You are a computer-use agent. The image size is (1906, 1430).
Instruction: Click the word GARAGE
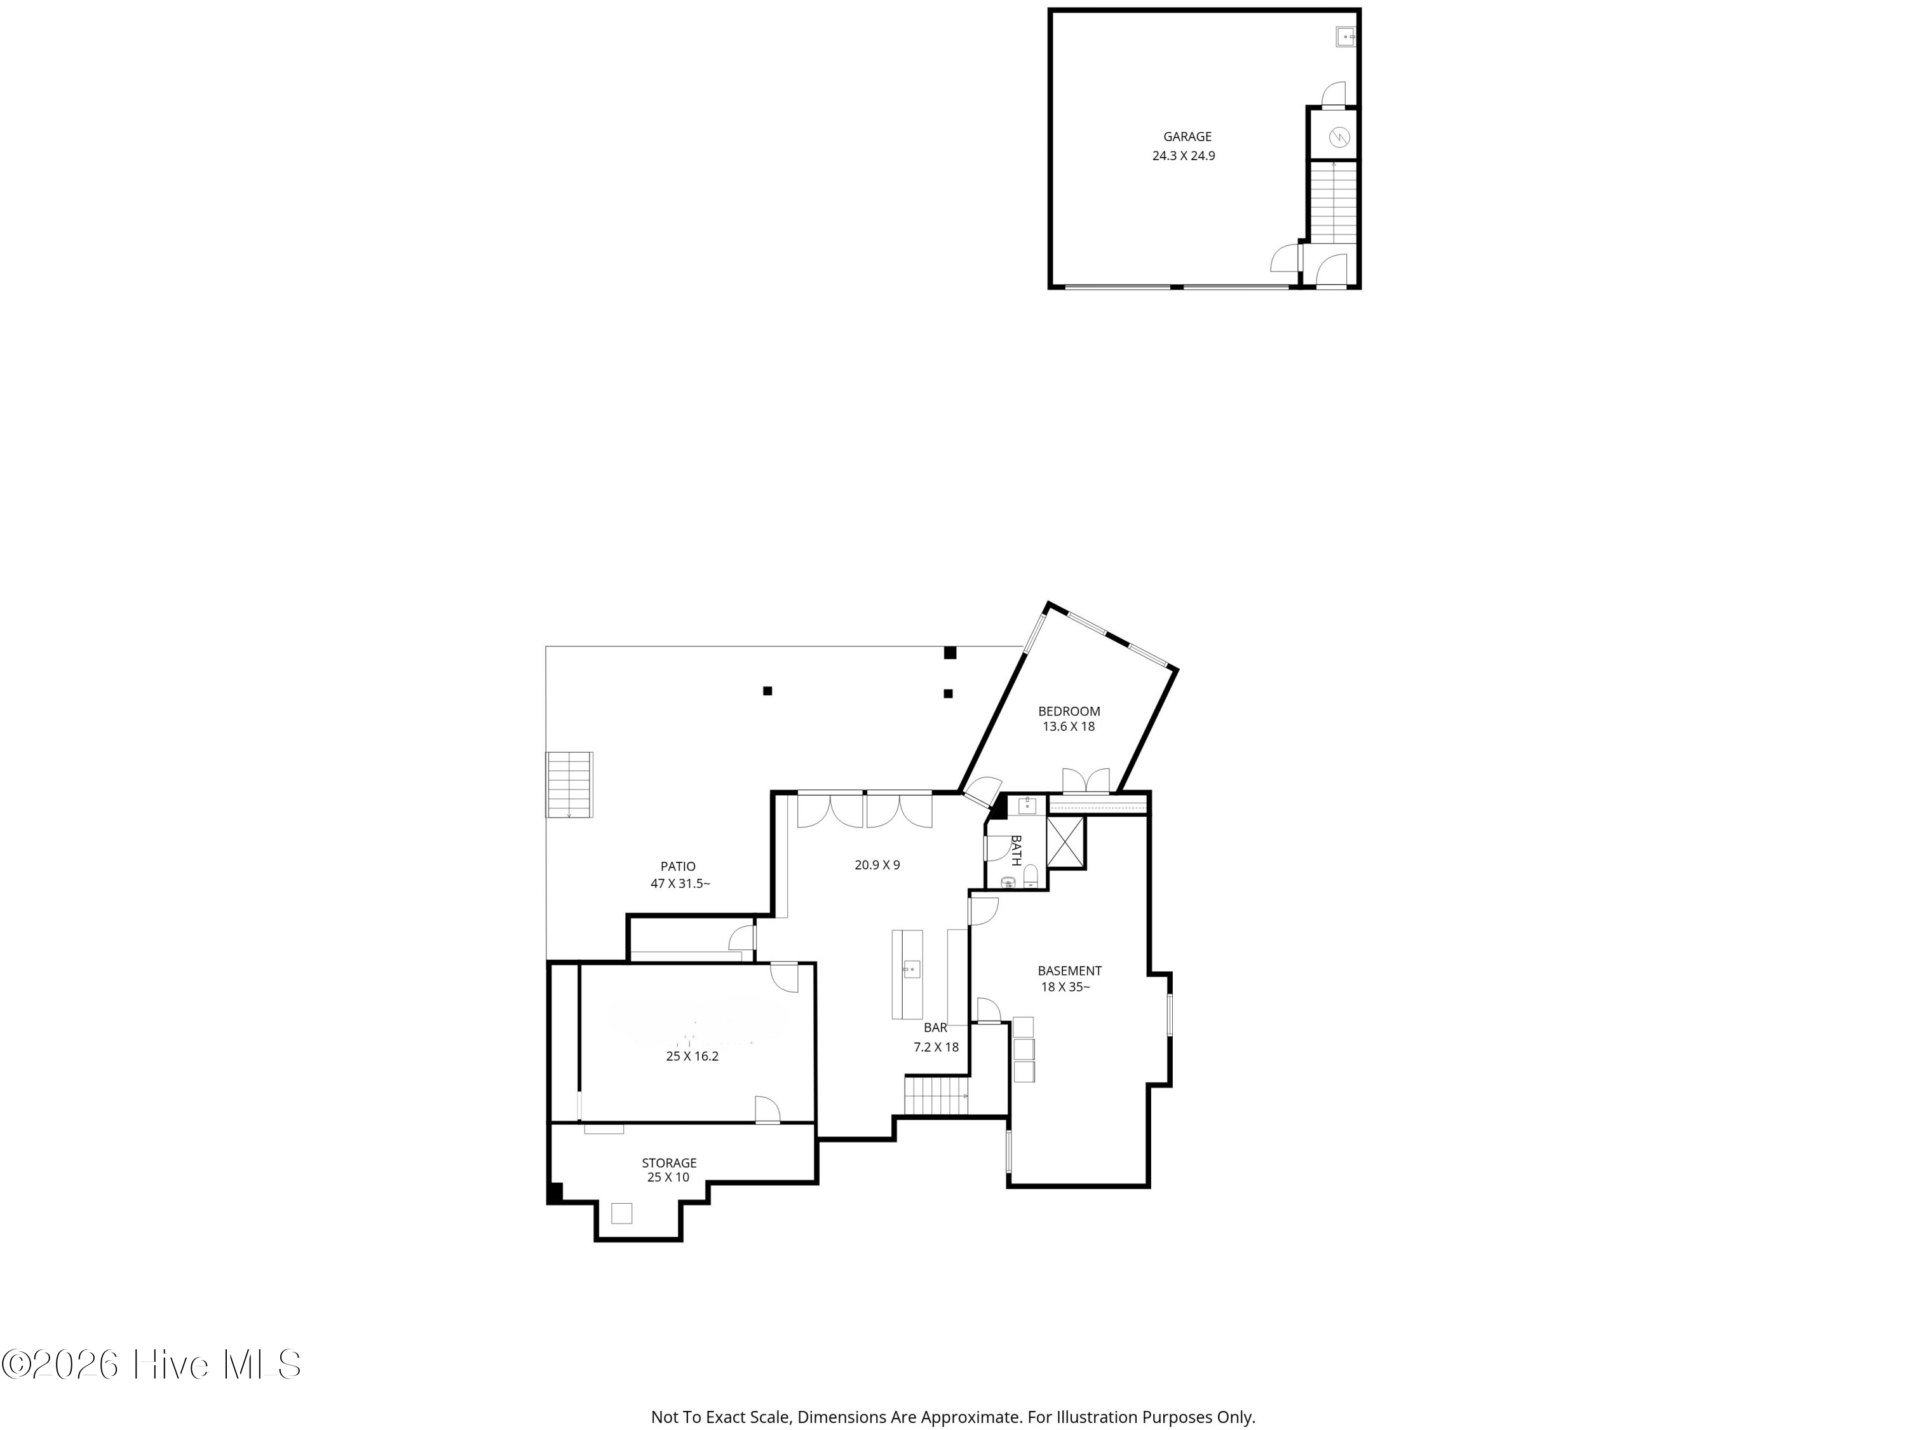(1187, 136)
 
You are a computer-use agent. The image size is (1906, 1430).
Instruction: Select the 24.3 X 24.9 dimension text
(1183, 156)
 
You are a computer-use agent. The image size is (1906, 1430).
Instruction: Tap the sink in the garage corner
(1345, 37)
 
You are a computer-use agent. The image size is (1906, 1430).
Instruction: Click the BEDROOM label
(1069, 711)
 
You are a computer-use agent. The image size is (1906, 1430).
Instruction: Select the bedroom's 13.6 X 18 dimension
(1069, 726)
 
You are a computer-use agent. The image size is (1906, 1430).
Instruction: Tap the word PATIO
(678, 866)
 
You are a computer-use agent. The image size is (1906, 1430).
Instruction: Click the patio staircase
(569, 784)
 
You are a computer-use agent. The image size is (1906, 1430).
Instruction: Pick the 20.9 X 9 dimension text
(877, 864)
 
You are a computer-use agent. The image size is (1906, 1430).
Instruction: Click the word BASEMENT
(1069, 970)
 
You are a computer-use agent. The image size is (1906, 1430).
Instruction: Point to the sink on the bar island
(912, 969)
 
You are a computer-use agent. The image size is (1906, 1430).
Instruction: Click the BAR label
(936, 1028)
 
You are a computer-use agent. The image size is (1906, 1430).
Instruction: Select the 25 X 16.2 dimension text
(692, 1056)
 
